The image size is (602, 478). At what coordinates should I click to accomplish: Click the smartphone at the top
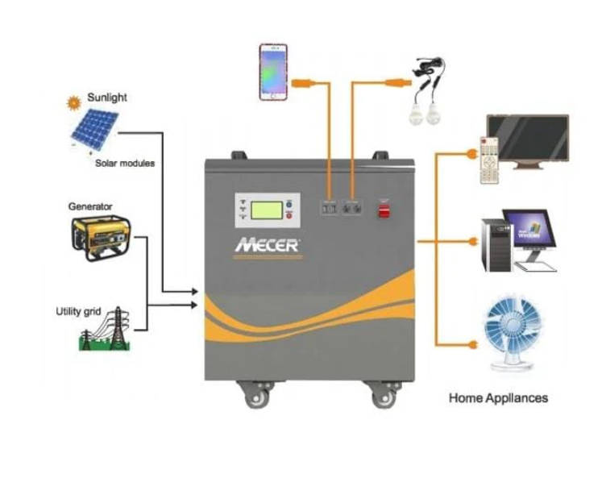tap(273, 72)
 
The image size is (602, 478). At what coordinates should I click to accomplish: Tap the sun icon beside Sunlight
tap(75, 102)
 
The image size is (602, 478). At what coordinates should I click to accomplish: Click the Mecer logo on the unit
tap(268, 243)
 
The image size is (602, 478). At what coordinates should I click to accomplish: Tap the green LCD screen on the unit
tap(266, 210)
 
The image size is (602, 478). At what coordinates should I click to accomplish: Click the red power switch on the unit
tap(384, 210)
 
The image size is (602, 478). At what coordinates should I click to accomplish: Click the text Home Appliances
tap(498, 397)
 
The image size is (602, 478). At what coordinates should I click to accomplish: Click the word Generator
tap(90, 206)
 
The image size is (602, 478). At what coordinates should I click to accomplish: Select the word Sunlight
tap(107, 98)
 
